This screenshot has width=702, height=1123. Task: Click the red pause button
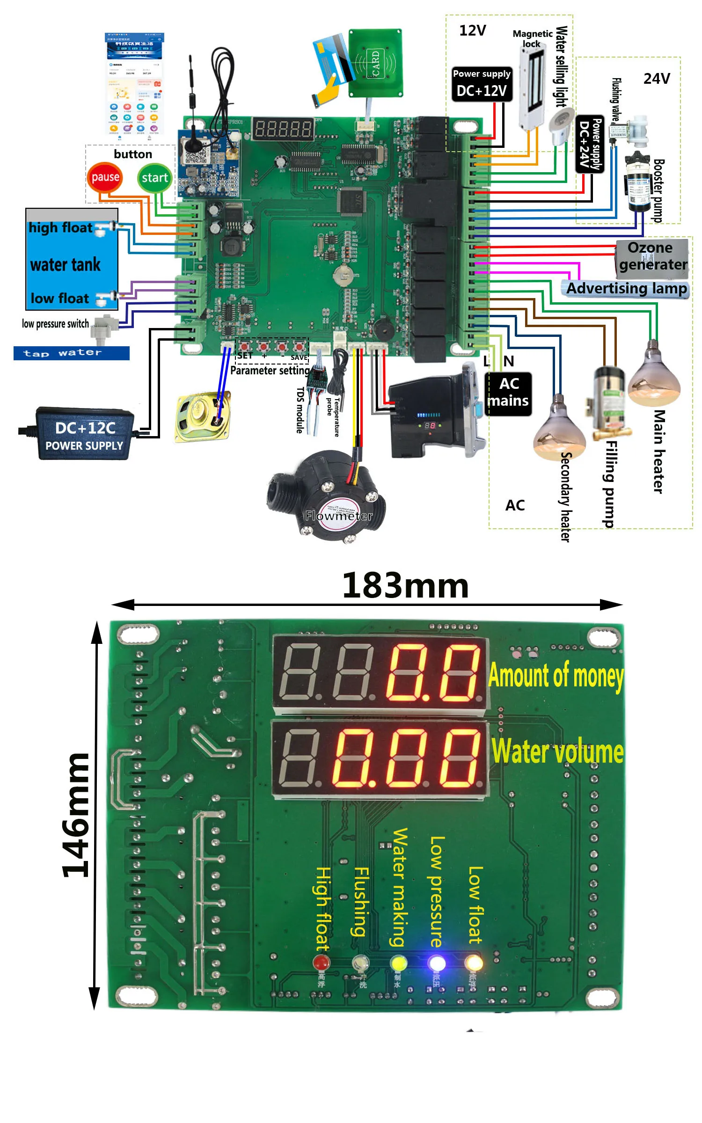coord(105,177)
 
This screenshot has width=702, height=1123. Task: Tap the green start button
coord(155,178)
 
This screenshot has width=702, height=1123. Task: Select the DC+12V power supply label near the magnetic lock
coord(482,85)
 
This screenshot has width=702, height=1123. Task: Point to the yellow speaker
coord(203,416)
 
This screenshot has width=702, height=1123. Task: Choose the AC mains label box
coord(508,394)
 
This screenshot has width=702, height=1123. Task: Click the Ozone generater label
coord(651,256)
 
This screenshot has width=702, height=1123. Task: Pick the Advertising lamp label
coord(626,289)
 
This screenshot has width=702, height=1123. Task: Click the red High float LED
coord(321,963)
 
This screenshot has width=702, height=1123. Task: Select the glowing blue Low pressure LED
coord(437,963)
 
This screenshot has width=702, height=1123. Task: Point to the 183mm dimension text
coord(405,585)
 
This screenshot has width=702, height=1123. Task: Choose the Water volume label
coord(557,751)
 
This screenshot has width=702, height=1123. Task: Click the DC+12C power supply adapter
coord(84,433)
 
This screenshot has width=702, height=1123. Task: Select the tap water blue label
coord(71,353)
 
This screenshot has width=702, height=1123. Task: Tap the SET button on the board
coord(245,347)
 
